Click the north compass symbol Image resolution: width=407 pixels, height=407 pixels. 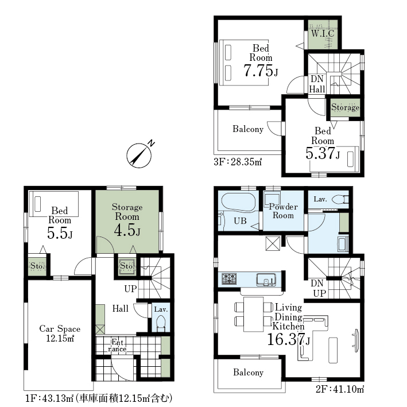pyautogui.click(x=139, y=155)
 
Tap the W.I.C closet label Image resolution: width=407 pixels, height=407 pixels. pyautogui.click(x=323, y=33)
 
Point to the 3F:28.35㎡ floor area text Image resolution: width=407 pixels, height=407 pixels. pyautogui.click(x=238, y=162)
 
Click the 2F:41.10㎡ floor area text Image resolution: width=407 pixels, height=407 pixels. pyautogui.click(x=340, y=389)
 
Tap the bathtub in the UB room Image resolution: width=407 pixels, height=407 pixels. pyautogui.click(x=238, y=201)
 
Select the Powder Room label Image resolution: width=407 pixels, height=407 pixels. pyautogui.click(x=283, y=211)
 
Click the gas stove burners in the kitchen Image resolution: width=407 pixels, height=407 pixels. pyautogui.click(x=229, y=279)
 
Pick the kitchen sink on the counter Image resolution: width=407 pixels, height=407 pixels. pyautogui.click(x=266, y=280)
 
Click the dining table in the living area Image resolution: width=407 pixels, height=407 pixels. pyautogui.click(x=254, y=314)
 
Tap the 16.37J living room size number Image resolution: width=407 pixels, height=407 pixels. pyautogui.click(x=288, y=339)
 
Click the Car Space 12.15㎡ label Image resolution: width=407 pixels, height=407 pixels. pyautogui.click(x=60, y=334)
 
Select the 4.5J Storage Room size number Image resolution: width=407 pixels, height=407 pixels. pyautogui.click(x=127, y=230)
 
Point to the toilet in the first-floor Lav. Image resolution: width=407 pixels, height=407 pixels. pyautogui.click(x=161, y=323)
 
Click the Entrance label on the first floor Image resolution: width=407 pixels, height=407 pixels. pyautogui.click(x=117, y=346)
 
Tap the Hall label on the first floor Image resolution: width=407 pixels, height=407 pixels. pyautogui.click(x=121, y=308)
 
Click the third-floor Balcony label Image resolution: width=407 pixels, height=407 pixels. pyautogui.click(x=248, y=129)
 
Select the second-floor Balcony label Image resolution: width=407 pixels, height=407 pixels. pyautogui.click(x=248, y=372)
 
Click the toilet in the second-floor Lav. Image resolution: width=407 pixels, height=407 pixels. pyautogui.click(x=340, y=199)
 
